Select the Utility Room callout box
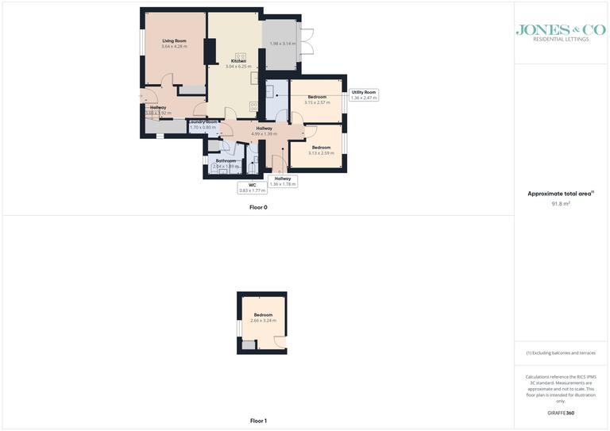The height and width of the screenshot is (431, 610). click(x=364, y=95)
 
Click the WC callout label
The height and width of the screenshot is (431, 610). click(x=252, y=188)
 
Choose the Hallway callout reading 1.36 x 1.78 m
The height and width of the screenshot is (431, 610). click(x=283, y=181)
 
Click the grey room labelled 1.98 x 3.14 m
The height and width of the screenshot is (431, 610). click(x=282, y=44)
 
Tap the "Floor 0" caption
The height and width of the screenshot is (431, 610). click(x=258, y=207)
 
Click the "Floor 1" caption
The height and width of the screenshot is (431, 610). click(x=258, y=421)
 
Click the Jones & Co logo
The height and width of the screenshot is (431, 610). click(x=561, y=32)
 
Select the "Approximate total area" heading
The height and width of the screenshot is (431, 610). click(x=561, y=194)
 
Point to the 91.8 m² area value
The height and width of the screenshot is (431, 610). click(x=561, y=204)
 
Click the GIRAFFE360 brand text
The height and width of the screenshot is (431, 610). click(x=561, y=413)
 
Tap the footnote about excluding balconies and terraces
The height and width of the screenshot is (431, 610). click(x=561, y=353)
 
